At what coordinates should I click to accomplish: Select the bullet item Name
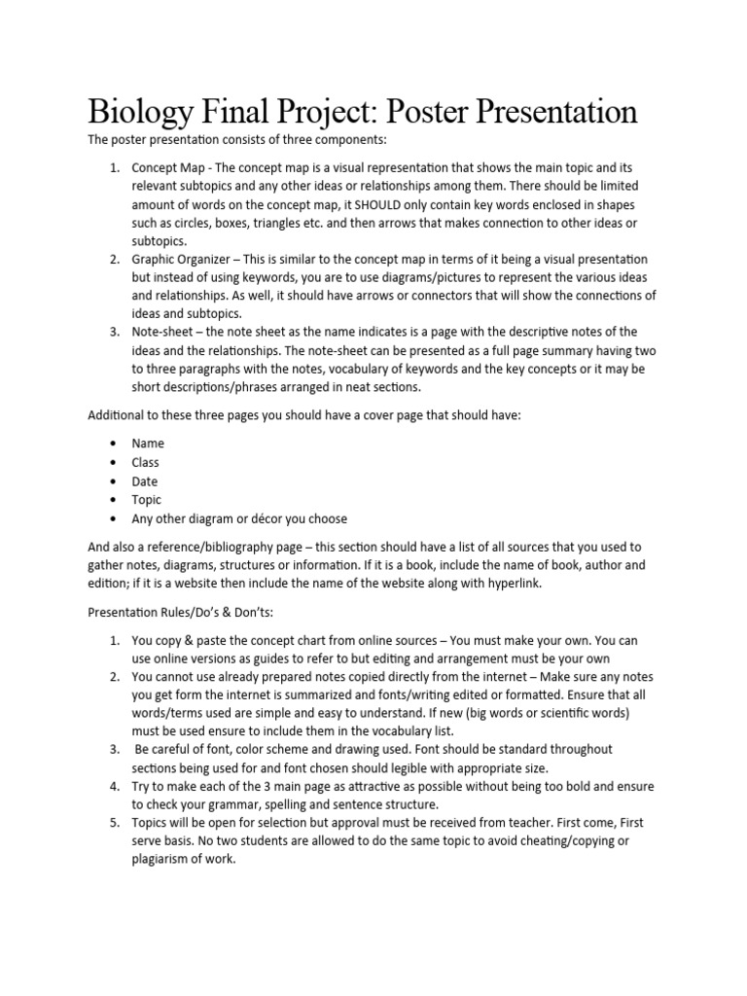(x=148, y=444)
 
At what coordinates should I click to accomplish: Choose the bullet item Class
(x=146, y=462)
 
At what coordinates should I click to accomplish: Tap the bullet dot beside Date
(x=115, y=481)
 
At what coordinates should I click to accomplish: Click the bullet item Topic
(x=147, y=500)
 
